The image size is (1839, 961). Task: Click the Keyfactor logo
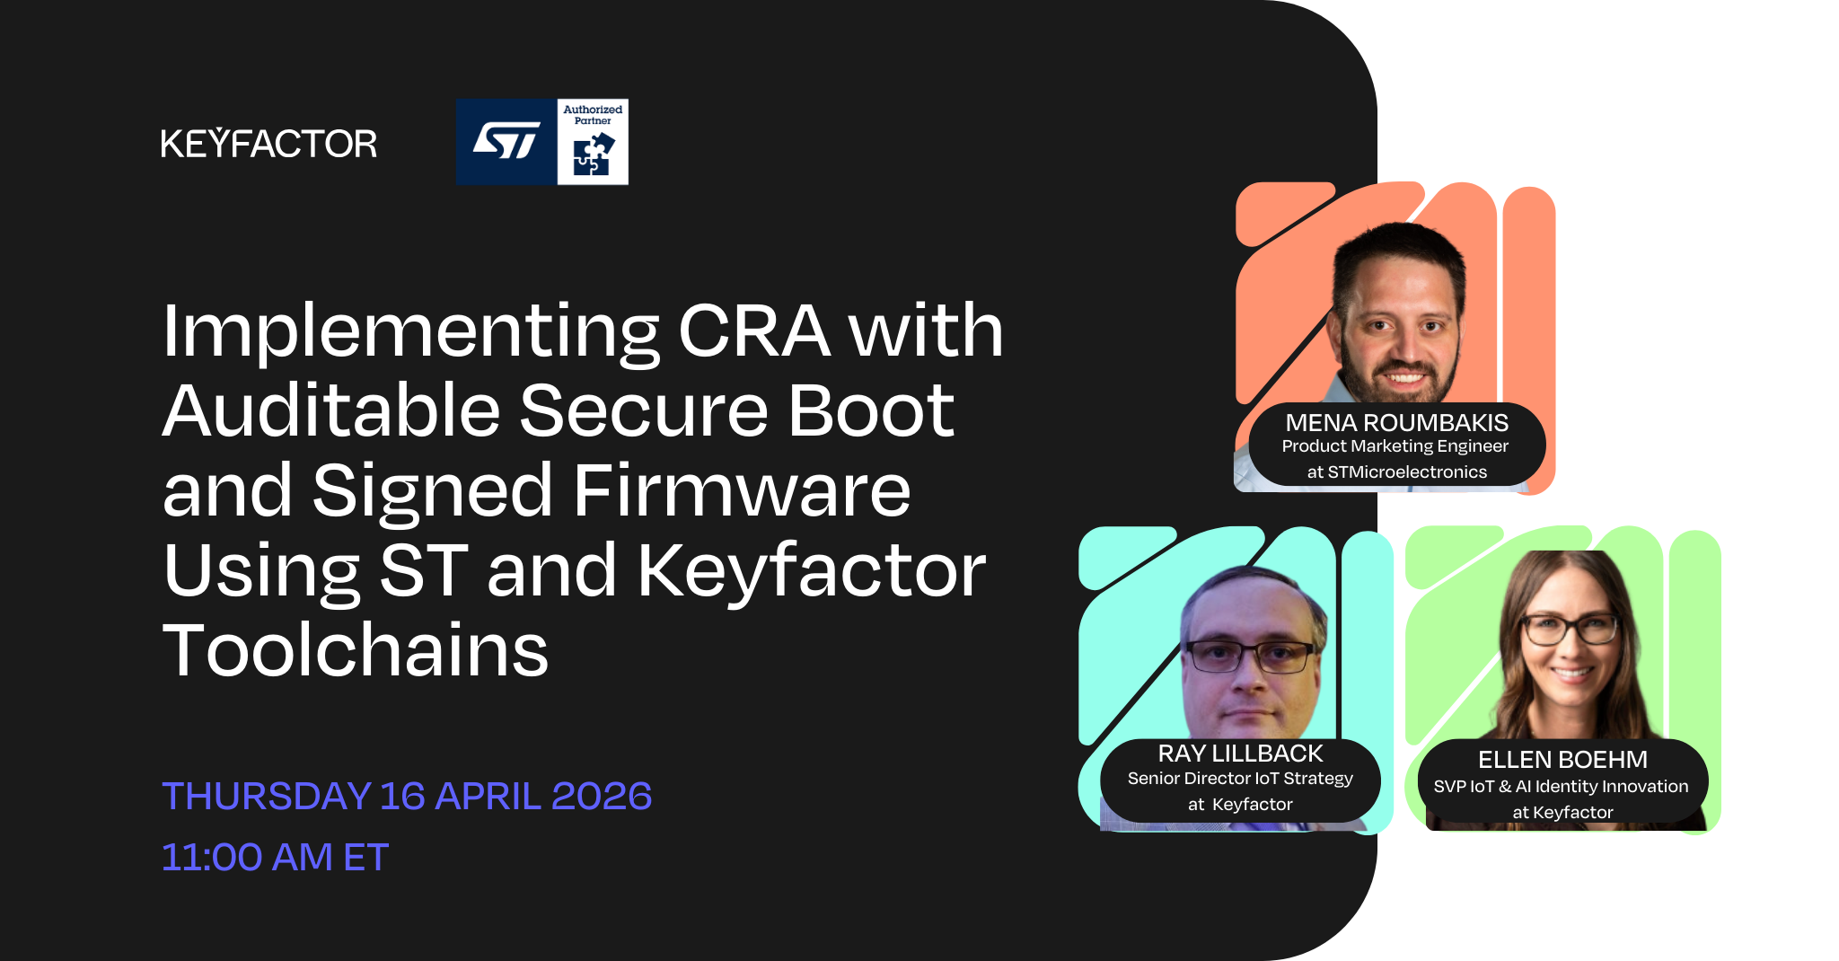coord(268,144)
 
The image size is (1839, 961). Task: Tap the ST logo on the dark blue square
coord(506,141)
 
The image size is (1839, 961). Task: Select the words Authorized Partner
coord(593,115)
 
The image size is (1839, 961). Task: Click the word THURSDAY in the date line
coord(266,797)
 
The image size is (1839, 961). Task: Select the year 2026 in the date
coord(602,797)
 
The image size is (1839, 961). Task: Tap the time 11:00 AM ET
coord(275,857)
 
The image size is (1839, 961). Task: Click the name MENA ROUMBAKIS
coord(1396,422)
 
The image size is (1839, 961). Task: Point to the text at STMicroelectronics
coord(1396,472)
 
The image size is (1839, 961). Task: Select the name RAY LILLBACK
coord(1240,753)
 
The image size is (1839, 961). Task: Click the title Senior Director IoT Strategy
coord(1240,779)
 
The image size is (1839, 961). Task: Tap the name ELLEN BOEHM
coord(1562,760)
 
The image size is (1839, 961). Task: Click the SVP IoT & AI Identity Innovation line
coord(1561,787)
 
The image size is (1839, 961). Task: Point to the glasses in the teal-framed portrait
coord(1249,656)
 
